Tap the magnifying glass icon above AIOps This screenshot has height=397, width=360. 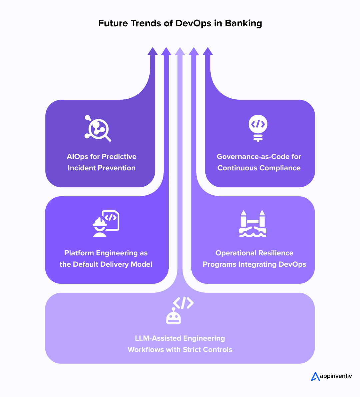tap(98, 128)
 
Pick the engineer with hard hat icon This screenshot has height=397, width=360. tap(100, 227)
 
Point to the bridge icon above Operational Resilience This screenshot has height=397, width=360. tap(253, 224)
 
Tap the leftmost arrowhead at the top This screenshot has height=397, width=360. tap(153, 51)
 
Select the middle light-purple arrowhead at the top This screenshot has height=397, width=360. tap(180, 51)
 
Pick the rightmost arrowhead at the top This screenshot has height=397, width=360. tap(208, 51)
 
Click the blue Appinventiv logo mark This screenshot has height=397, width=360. tap(315, 376)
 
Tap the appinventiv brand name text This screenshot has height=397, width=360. tap(336, 376)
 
